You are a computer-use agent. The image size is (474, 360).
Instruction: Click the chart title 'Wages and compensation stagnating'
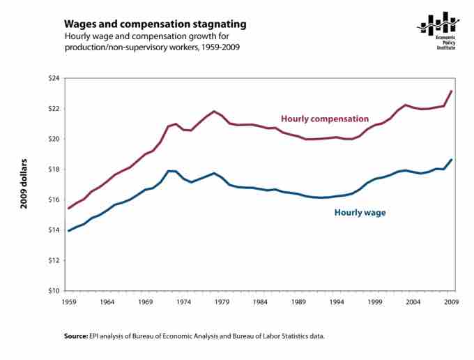tap(155, 24)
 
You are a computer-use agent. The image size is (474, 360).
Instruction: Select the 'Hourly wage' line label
tap(360, 212)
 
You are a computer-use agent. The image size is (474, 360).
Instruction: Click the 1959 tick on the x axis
tap(68, 301)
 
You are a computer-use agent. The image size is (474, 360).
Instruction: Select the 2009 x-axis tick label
tap(452, 301)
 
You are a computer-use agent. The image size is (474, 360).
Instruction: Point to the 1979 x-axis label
tap(222, 301)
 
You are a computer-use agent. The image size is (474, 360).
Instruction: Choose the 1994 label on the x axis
tap(337, 301)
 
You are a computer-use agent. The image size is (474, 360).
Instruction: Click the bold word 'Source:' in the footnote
tap(75, 336)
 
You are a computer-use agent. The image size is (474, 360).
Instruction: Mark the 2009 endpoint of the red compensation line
tap(452, 91)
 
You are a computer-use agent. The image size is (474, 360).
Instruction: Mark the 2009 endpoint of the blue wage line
tap(452, 160)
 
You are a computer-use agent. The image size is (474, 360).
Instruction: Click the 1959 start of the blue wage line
tap(68, 230)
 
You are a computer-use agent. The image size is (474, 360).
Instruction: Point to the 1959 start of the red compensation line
tap(68, 208)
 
